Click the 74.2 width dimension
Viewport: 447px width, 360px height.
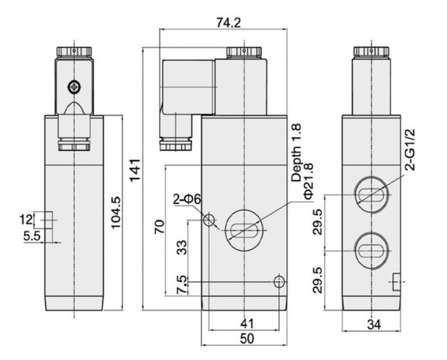click(229, 22)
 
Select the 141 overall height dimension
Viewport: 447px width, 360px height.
click(135, 170)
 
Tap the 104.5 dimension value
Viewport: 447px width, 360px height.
click(116, 212)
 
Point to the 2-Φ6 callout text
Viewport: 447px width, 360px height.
click(187, 200)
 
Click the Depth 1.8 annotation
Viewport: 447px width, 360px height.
click(296, 153)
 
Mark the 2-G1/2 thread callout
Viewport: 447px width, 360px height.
click(410, 149)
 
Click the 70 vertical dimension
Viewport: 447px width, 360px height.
click(160, 226)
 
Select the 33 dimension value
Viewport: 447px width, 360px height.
click(181, 247)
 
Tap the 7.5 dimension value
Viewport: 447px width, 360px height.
click(182, 285)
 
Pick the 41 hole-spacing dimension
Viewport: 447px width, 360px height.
click(247, 324)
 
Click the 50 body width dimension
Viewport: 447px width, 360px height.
click(247, 338)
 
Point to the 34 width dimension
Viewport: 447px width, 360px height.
click(373, 324)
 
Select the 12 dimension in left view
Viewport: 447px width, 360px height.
click(26, 220)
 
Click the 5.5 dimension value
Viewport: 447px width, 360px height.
click(32, 235)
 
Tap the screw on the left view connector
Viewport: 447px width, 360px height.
click(74, 87)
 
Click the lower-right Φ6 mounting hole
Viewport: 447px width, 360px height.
click(280, 282)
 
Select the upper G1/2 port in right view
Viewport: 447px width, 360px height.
click(372, 195)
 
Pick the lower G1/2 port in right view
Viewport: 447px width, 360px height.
click(372, 251)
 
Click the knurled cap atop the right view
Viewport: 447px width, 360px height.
click(371, 51)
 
